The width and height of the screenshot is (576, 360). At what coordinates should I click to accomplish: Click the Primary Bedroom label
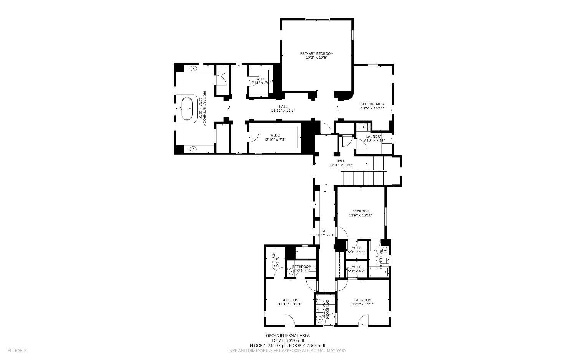point(316,53)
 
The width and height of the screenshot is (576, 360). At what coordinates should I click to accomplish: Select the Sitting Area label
point(372,104)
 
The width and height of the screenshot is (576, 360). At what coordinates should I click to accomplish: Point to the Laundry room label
point(374,136)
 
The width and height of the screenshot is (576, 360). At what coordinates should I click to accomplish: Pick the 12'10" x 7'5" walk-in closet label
point(275,138)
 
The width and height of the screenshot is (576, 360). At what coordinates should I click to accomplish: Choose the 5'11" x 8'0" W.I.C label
point(261,80)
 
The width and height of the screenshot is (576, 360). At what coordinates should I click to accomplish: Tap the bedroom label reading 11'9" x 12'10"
point(361,213)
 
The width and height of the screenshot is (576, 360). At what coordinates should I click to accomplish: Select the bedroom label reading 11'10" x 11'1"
point(290,302)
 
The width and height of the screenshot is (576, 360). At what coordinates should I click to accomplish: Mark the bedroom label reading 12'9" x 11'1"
point(363,302)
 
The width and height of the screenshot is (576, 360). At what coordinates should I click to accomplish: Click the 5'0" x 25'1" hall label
point(325,233)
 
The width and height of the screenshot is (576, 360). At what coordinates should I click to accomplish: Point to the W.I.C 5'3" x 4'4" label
point(356,250)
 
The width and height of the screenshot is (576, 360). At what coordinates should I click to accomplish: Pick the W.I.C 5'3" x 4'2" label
point(356,269)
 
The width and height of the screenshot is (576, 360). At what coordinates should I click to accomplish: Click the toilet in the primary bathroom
point(222,71)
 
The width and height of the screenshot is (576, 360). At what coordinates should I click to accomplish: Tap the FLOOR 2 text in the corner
point(17,350)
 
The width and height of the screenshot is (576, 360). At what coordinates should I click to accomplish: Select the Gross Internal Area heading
point(288,335)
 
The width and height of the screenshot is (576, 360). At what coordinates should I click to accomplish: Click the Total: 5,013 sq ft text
point(288,340)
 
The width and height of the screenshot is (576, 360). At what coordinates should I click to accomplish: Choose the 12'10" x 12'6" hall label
point(341,163)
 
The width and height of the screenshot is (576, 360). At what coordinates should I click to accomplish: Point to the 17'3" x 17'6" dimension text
point(316,58)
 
